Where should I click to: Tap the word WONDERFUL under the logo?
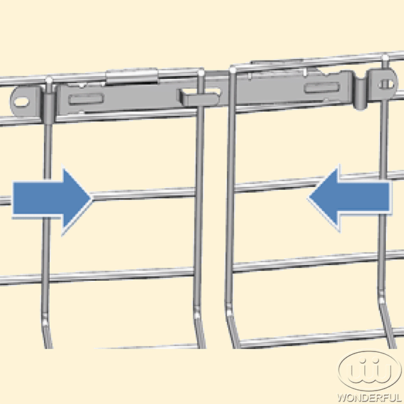pos(370,397)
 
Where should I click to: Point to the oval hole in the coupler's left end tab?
pos(21,102)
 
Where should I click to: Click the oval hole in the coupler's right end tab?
pos(386,84)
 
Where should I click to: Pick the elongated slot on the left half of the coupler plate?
pos(86,100)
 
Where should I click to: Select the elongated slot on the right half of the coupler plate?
pos(322,87)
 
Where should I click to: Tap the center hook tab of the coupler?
pos(199,98)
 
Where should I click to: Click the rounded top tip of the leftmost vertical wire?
pos(48,79)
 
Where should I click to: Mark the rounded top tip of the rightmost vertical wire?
pos(385,57)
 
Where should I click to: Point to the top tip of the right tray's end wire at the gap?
pos(233,69)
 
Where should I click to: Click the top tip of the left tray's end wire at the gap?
pos(201,73)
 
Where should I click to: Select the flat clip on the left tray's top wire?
pos(132,77)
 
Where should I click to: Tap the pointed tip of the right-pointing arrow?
pos(92,199)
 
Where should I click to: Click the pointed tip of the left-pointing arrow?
pos(308,197)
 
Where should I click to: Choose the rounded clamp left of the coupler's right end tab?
pos(361,93)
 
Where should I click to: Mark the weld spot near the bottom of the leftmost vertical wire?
pos(45,319)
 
